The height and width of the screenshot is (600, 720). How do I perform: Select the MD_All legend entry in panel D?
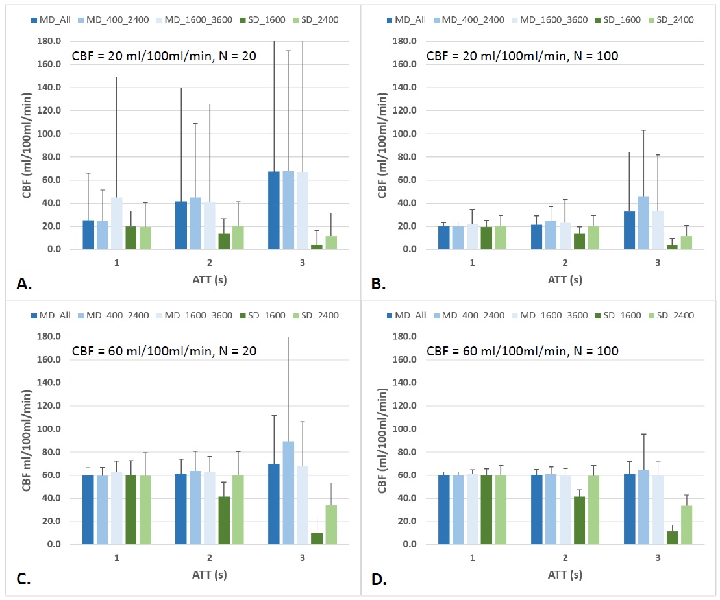[x=407, y=315]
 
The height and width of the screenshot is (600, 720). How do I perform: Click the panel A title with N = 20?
[x=164, y=56]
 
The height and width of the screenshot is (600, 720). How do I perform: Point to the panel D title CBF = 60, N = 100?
[x=522, y=351]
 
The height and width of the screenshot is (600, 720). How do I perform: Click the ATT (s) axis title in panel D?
[x=564, y=575]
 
